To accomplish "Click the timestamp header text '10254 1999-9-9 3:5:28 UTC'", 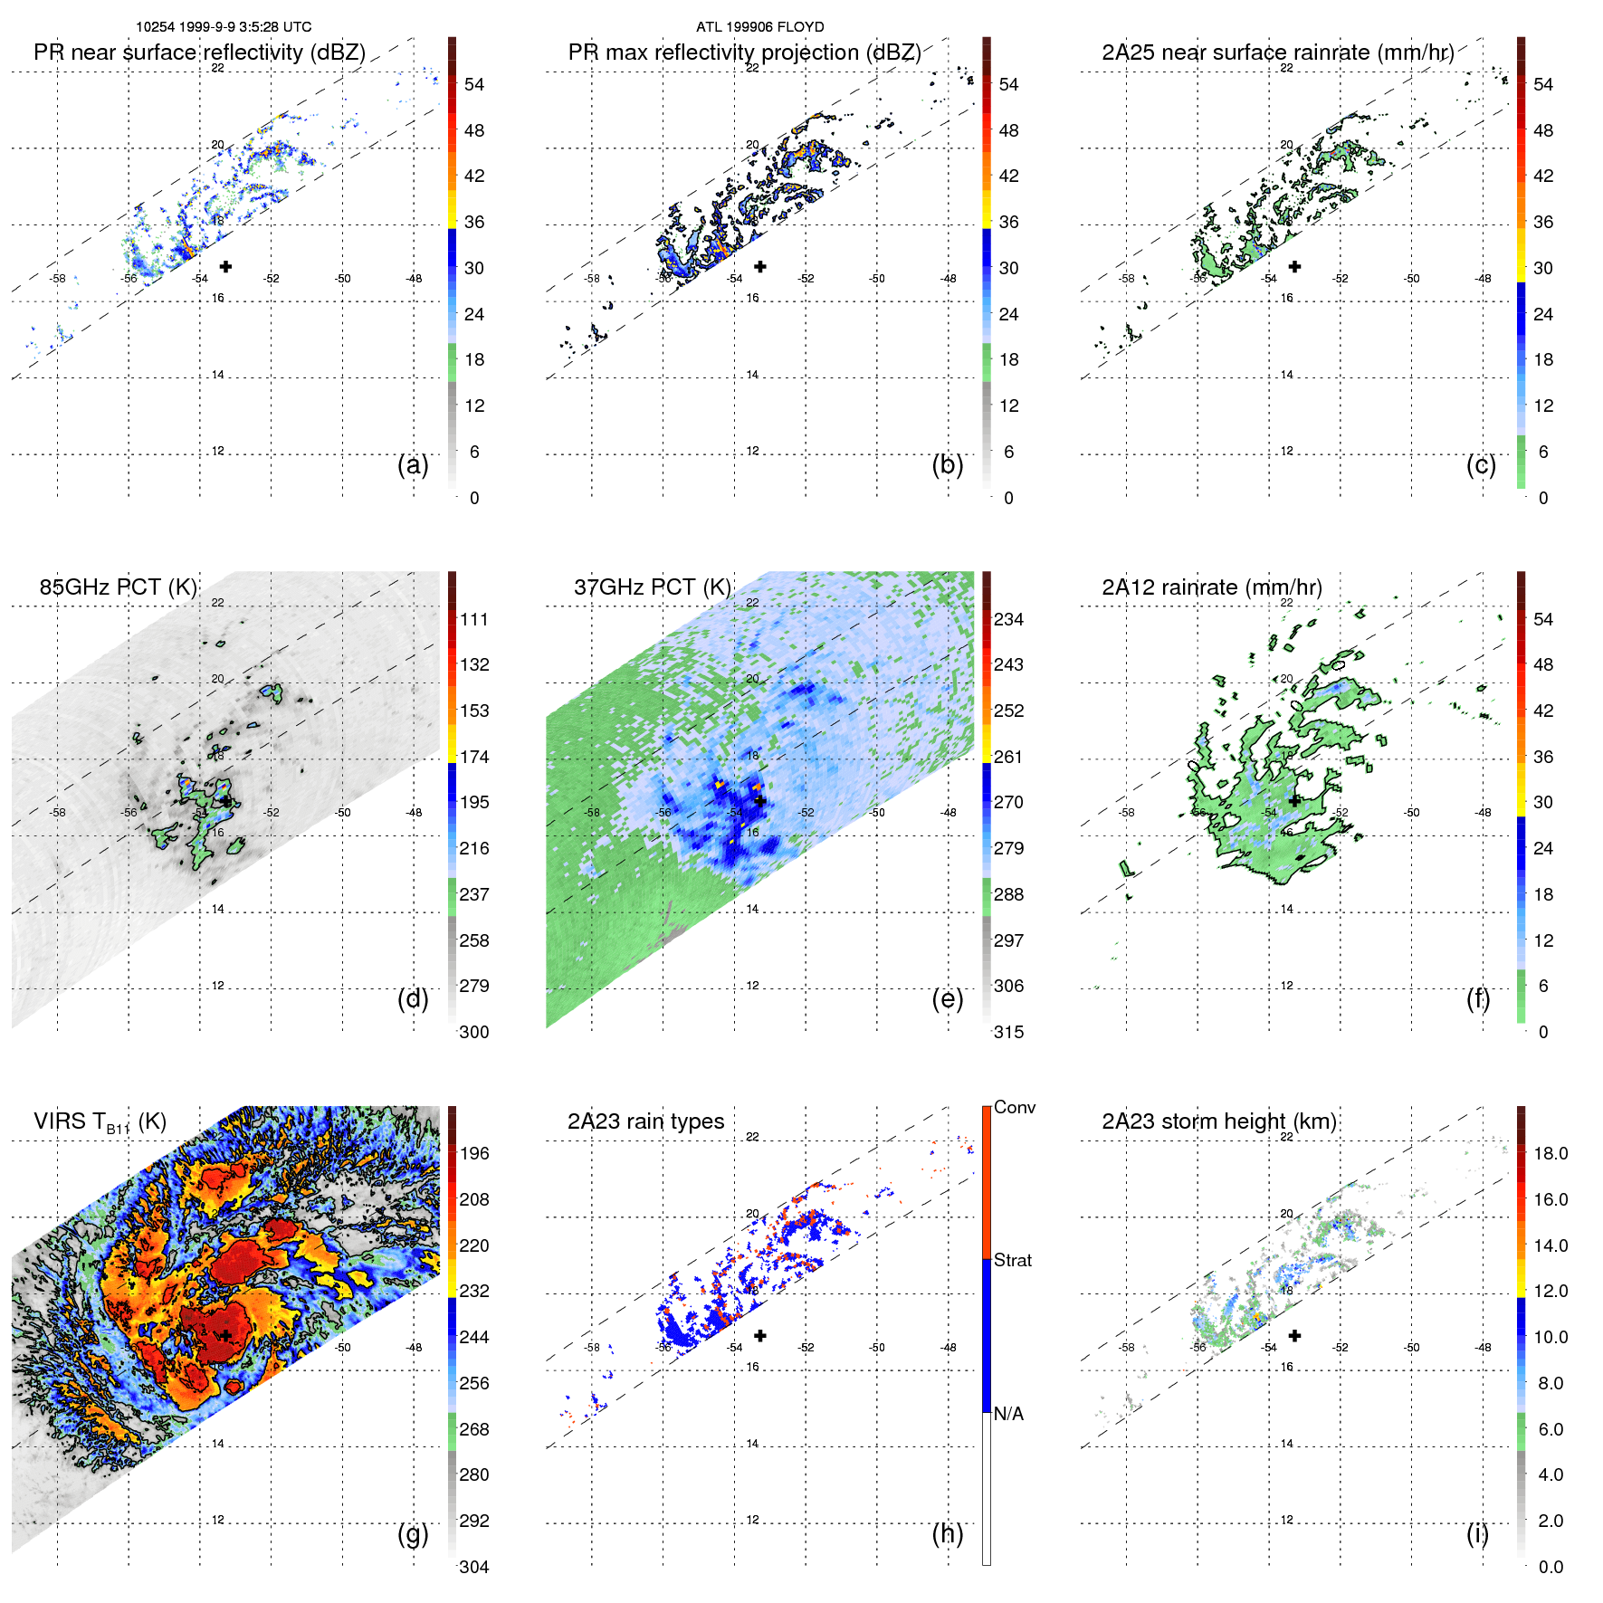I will coord(224,27).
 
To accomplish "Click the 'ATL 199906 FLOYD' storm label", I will coord(759,27).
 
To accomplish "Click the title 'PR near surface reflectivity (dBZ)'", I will coord(199,52).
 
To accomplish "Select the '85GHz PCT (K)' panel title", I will coord(118,587).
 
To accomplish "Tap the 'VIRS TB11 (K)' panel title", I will coord(100,1122).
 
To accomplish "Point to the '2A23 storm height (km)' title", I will coord(1218,1122).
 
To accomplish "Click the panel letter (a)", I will coord(413,465).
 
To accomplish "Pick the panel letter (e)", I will coord(947,999).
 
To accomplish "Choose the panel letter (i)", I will coord(1477,1534).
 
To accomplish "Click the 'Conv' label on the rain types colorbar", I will coord(1014,1108).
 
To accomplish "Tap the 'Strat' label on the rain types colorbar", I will coord(1012,1261).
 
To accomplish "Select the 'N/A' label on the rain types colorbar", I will coord(1008,1414).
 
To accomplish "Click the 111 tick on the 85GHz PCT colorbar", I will coord(474,620).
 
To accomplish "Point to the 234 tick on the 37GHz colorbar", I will coord(1008,620).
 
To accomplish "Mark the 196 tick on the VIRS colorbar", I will coord(474,1154).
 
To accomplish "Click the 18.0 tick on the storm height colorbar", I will coord(1550,1154).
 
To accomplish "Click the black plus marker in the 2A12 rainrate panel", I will coord(1294,801).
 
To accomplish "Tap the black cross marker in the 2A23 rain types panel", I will coord(760,1335).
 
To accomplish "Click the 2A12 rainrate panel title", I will coord(1211,587).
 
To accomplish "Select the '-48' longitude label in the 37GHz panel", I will coord(948,813).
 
